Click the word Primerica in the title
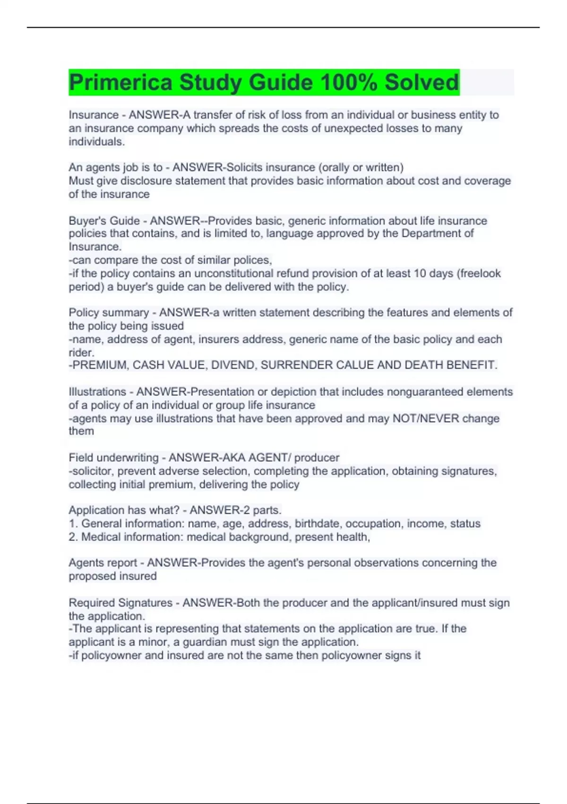(x=121, y=82)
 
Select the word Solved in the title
(x=421, y=82)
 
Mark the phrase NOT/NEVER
(x=426, y=419)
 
